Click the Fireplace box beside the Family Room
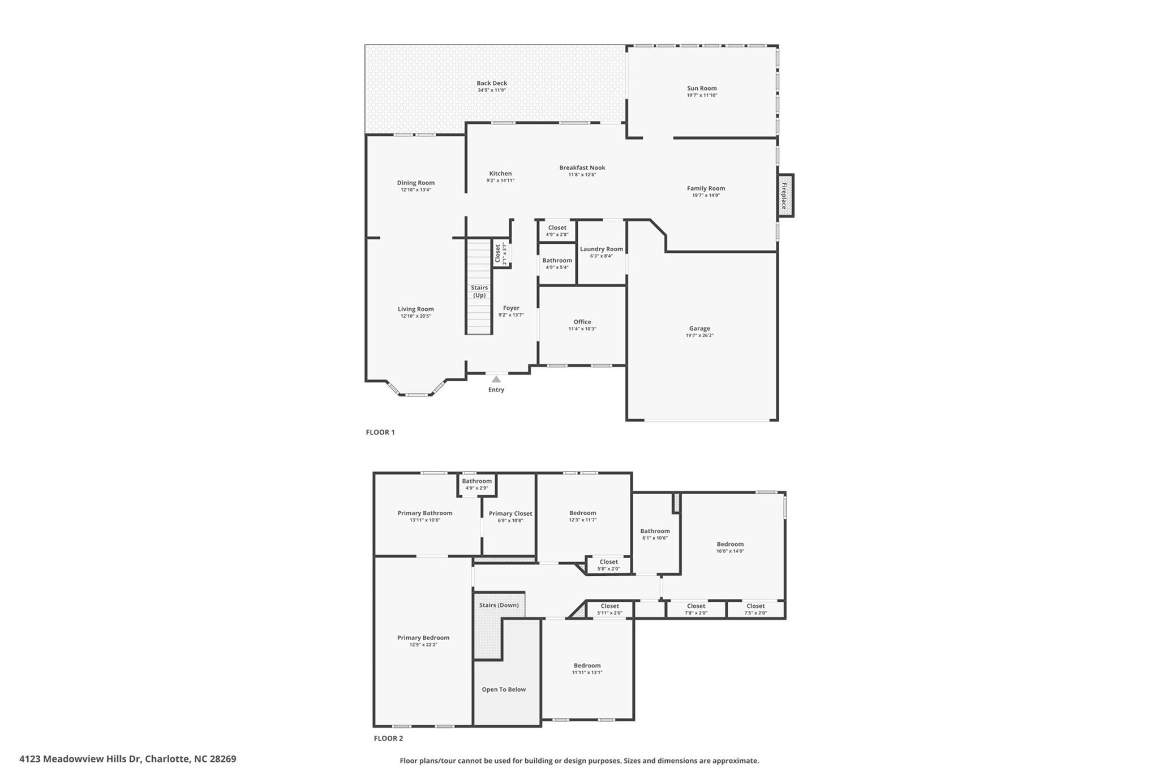click(785, 196)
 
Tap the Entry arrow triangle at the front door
click(496, 379)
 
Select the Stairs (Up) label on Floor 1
click(479, 291)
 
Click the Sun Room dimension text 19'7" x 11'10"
click(702, 96)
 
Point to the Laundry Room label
click(602, 249)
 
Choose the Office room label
click(582, 322)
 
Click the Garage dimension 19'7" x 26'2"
click(699, 335)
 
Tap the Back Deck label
click(492, 83)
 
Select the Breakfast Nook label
click(582, 167)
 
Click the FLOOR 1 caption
click(380, 432)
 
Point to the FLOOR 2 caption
click(388, 738)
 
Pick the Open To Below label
click(504, 689)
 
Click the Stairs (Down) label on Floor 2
click(499, 605)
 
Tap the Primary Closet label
click(510, 514)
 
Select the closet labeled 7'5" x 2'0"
click(756, 609)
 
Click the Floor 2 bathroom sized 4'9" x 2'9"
click(477, 485)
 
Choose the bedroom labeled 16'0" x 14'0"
click(730, 547)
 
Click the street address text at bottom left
click(128, 759)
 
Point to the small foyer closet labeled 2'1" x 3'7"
click(501, 254)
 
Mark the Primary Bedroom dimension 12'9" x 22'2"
click(423, 645)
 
